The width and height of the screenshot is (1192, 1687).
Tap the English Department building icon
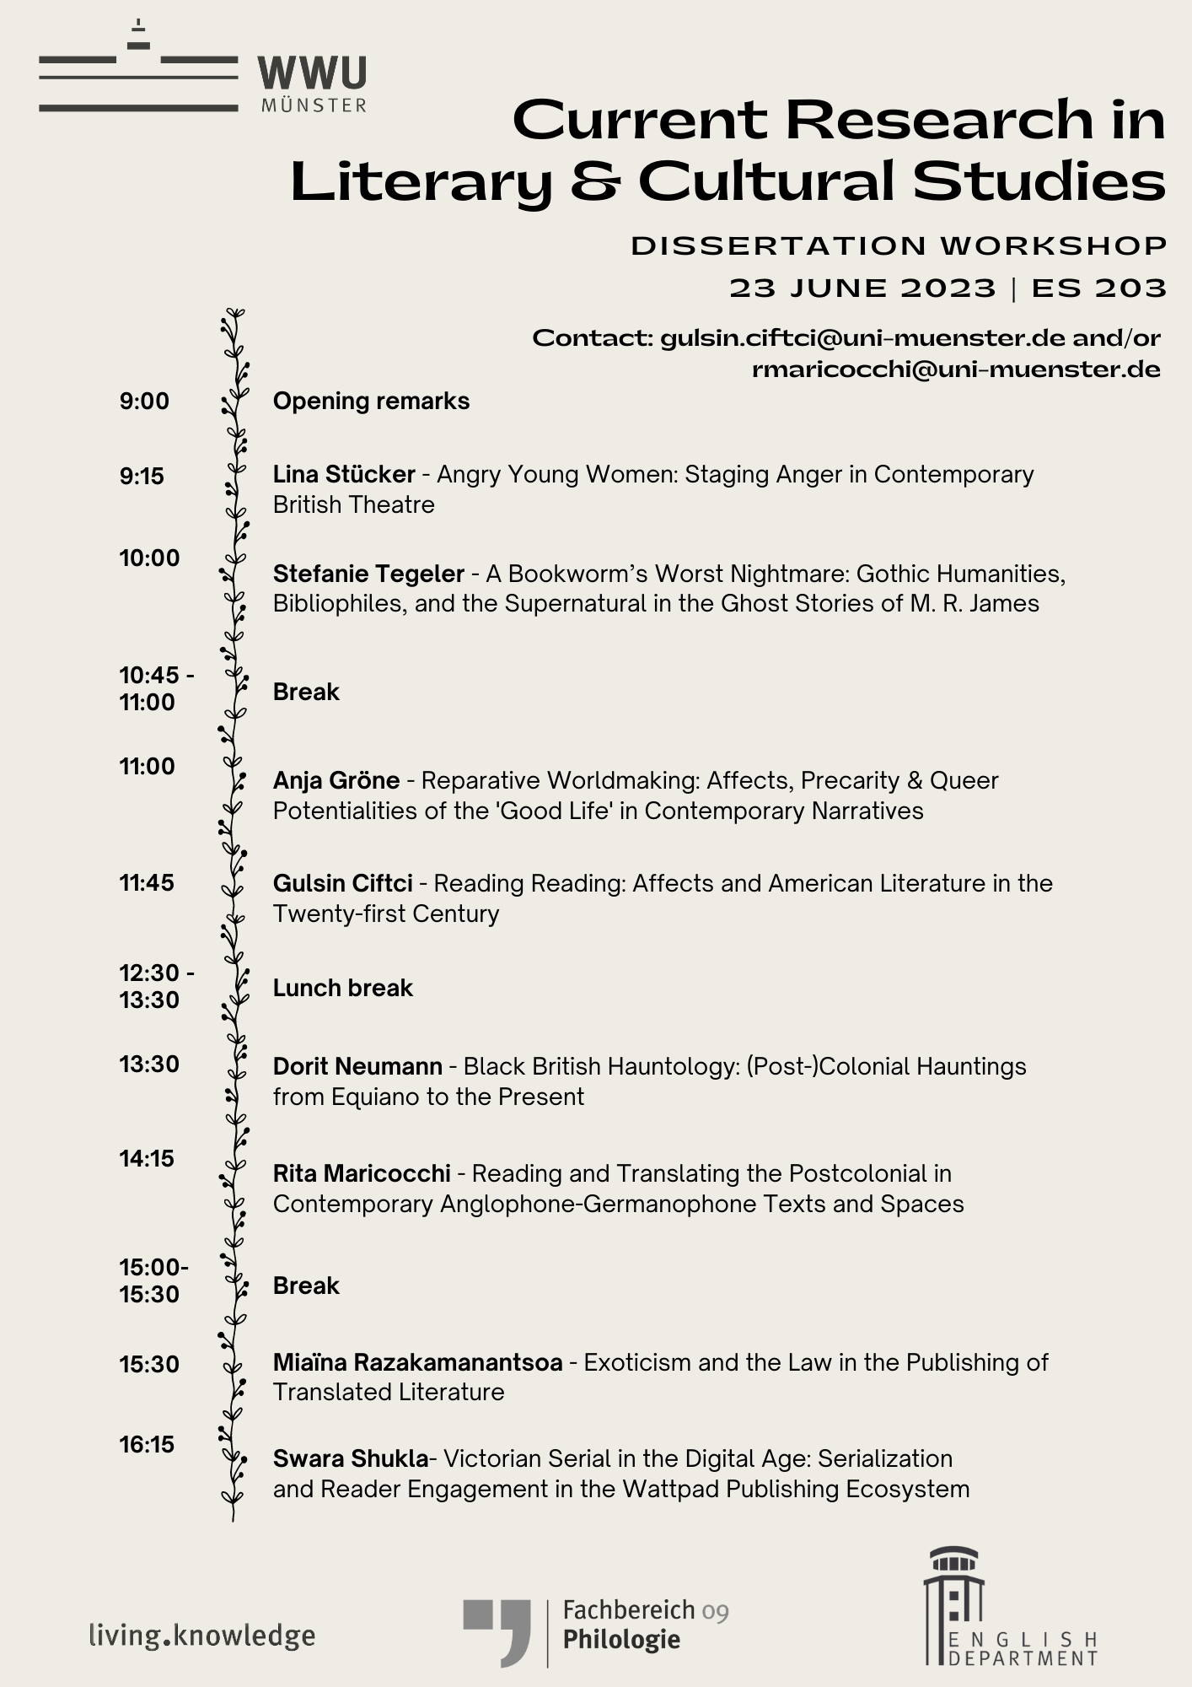pyautogui.click(x=953, y=1604)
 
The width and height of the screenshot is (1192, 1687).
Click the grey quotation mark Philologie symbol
pyautogui.click(x=497, y=1630)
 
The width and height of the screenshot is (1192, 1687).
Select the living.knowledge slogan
pyautogui.click(x=202, y=1636)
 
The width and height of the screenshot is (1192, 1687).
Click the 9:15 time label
pyautogui.click(x=142, y=477)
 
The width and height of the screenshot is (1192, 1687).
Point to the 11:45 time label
pyautogui.click(x=147, y=883)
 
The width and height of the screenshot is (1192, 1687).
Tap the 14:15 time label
pyautogui.click(x=147, y=1159)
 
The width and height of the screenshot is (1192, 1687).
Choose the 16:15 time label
pyautogui.click(x=147, y=1445)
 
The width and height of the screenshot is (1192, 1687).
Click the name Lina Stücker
pyautogui.click(x=344, y=475)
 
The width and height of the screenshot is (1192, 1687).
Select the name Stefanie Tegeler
pyautogui.click(x=368, y=574)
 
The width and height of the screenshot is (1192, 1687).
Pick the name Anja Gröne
pyautogui.click(x=336, y=781)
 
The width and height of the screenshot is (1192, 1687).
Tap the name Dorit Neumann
pyautogui.click(x=357, y=1067)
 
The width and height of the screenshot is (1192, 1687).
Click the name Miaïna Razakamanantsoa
pyautogui.click(x=417, y=1363)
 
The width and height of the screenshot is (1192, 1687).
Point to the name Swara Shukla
pyautogui.click(x=350, y=1459)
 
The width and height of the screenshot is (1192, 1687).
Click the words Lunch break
pyautogui.click(x=342, y=988)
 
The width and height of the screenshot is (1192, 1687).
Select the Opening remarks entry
pyautogui.click(x=371, y=402)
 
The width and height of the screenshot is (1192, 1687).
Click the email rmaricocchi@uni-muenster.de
pyautogui.click(x=956, y=369)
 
